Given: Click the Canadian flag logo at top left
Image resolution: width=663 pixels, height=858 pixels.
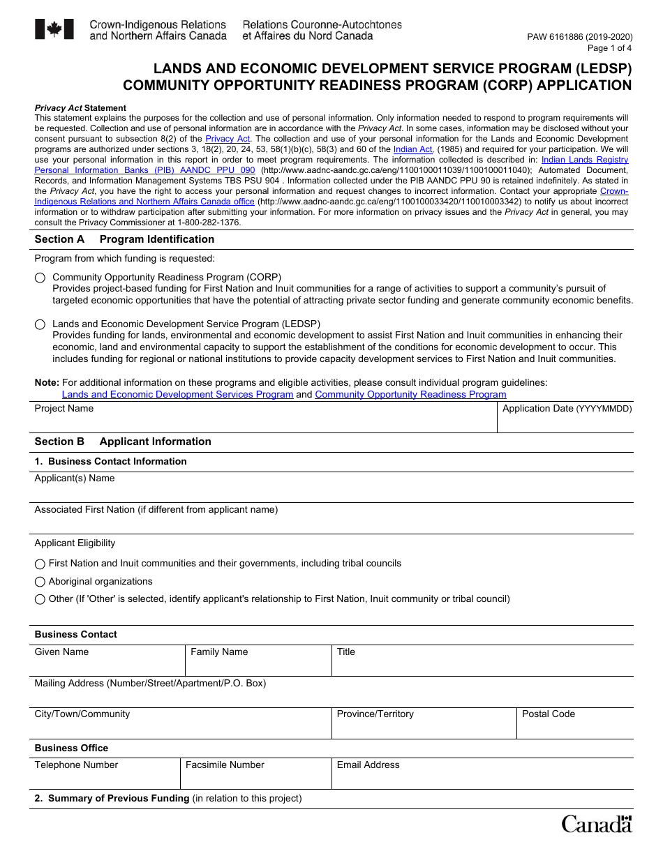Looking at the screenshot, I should click(54, 29).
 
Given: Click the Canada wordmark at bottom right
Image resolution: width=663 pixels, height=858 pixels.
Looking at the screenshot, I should click(597, 825).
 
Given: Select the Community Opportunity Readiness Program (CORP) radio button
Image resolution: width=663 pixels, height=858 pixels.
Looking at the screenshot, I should click(40, 278).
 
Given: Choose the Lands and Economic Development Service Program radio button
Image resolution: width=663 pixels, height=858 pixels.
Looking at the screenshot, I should click(40, 324).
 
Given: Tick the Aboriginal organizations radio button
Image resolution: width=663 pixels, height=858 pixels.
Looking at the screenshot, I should click(40, 582).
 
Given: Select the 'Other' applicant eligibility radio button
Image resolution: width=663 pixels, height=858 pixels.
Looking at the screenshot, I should click(40, 599).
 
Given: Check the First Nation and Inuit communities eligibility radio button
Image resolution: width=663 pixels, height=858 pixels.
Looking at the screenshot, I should click(40, 564).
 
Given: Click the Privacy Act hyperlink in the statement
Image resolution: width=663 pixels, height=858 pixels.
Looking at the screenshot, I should click(228, 139).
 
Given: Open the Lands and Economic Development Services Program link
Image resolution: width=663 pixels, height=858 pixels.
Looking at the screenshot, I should click(177, 395).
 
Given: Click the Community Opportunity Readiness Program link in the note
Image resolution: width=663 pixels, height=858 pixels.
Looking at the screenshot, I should click(410, 395).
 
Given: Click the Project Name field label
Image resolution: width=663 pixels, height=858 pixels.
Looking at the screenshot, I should click(64, 409).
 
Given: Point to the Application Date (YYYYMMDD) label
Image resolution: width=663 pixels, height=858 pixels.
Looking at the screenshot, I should click(567, 409).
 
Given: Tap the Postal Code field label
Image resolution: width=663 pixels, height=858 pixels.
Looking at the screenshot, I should click(549, 714).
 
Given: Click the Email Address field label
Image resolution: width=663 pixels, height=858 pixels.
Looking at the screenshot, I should click(368, 765).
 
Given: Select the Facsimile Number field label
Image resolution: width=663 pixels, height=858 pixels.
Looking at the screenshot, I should click(225, 765).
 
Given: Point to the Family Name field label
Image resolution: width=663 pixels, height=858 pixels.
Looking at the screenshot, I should click(219, 652).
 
